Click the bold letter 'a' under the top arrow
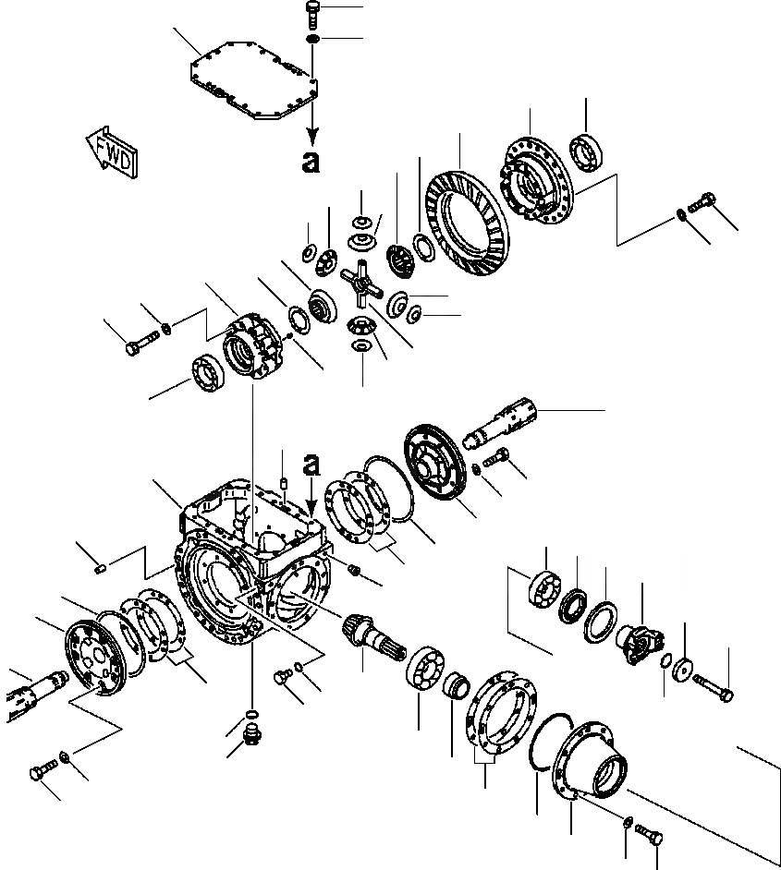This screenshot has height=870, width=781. [311, 163]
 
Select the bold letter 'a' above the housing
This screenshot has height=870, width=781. [311, 465]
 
